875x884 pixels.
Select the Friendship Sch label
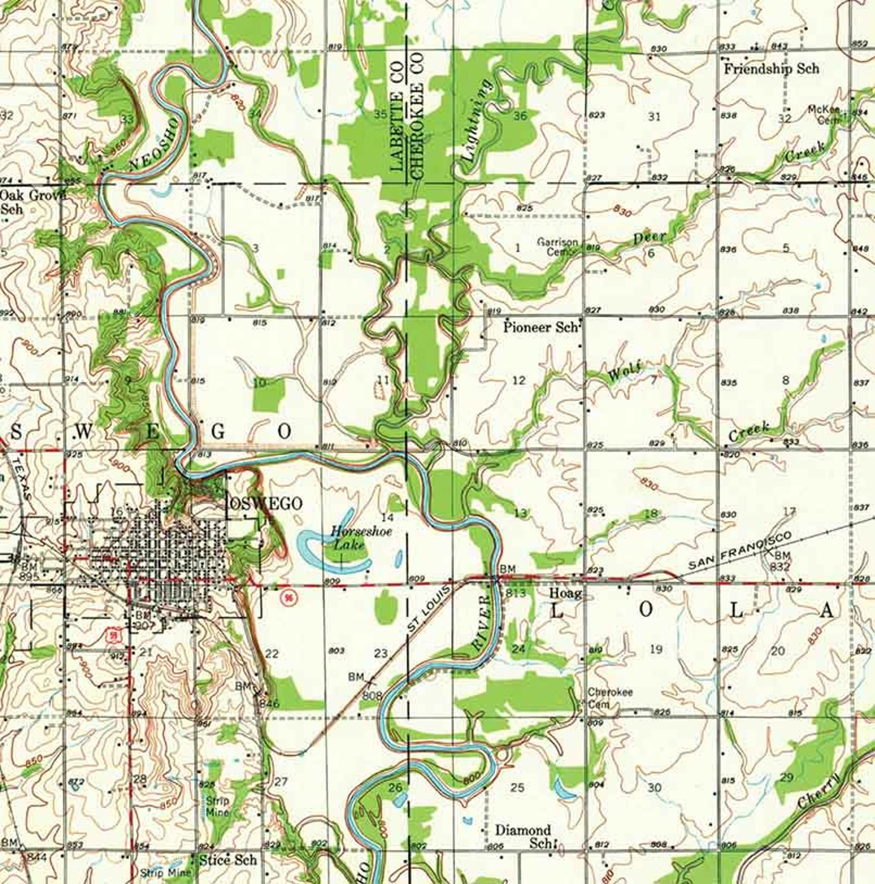coord(771,69)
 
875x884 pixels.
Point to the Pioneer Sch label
coord(541,327)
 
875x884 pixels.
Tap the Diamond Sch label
coord(523,836)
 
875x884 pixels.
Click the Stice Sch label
coord(228,860)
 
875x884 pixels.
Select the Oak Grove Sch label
coord(32,201)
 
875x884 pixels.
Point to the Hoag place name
coord(565,593)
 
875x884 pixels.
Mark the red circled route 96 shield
coord(285,597)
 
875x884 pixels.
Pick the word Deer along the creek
coord(650,238)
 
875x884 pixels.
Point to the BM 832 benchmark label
coord(781,560)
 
